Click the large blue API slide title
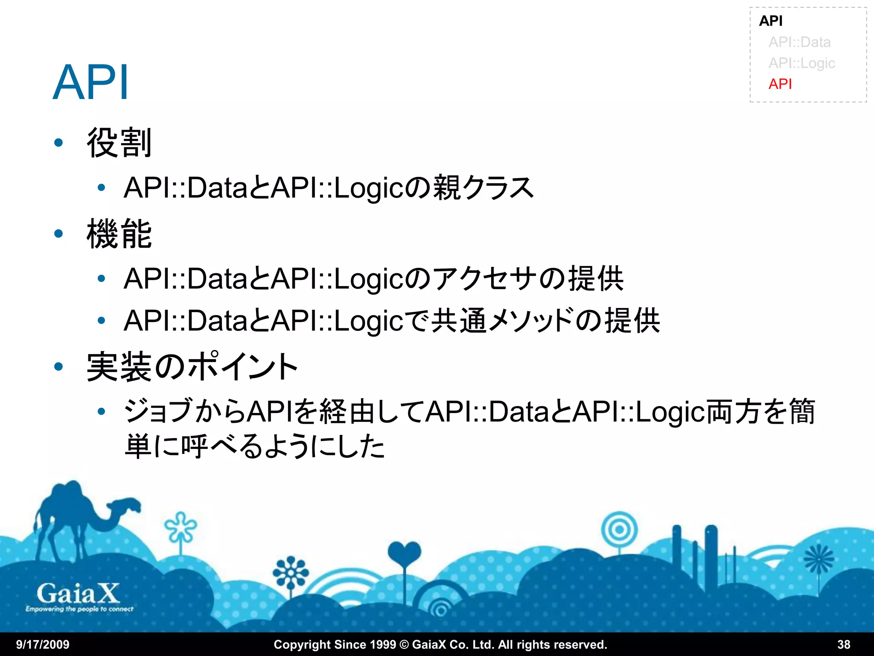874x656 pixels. (x=90, y=82)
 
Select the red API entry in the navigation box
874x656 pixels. (x=780, y=84)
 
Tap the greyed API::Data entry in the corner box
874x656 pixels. (x=799, y=42)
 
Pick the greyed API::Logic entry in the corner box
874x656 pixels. (x=801, y=63)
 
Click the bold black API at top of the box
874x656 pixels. (x=770, y=21)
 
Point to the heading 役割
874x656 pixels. (x=119, y=143)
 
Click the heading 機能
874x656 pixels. (x=119, y=234)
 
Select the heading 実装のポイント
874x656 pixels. (x=192, y=367)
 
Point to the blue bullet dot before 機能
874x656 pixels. (x=59, y=234)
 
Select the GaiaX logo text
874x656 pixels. (x=79, y=594)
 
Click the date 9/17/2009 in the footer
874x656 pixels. (x=43, y=644)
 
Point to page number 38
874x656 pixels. (x=844, y=644)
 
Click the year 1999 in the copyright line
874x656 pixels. (x=382, y=644)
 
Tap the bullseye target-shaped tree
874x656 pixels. (x=619, y=530)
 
